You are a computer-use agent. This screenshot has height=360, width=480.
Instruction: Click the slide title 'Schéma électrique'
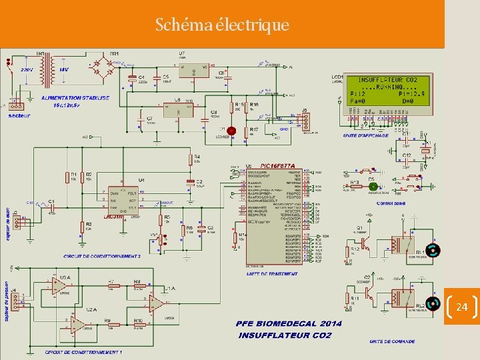coord(222,25)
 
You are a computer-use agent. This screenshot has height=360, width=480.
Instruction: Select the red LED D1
coord(231,131)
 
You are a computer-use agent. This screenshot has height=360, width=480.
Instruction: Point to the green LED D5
coord(373,187)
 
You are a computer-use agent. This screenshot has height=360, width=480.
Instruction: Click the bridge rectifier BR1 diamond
coord(104,67)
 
